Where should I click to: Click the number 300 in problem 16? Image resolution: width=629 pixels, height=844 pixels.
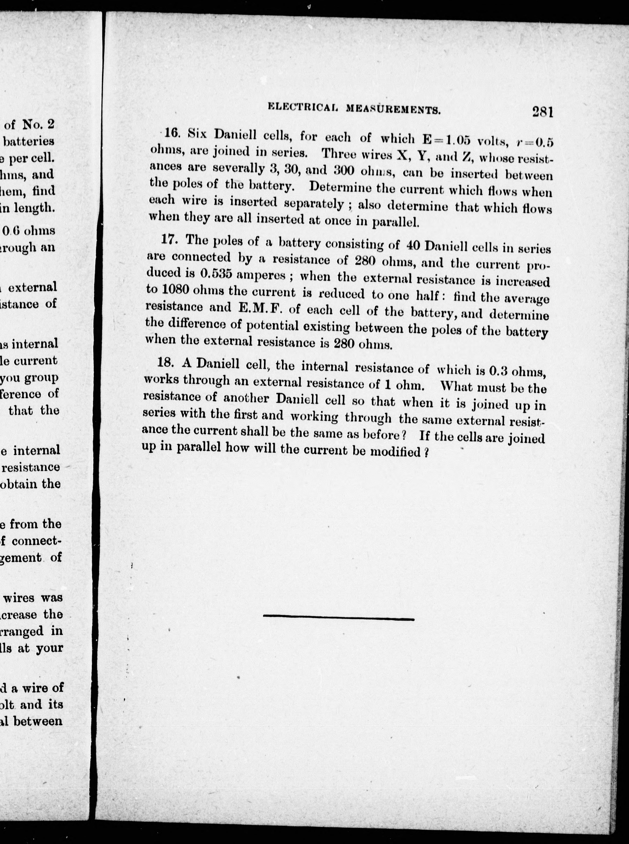pyautogui.click(x=344, y=170)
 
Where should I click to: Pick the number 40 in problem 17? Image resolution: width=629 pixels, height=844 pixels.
pyautogui.click(x=413, y=245)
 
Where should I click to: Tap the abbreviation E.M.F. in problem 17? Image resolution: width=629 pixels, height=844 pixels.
pyautogui.click(x=260, y=308)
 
